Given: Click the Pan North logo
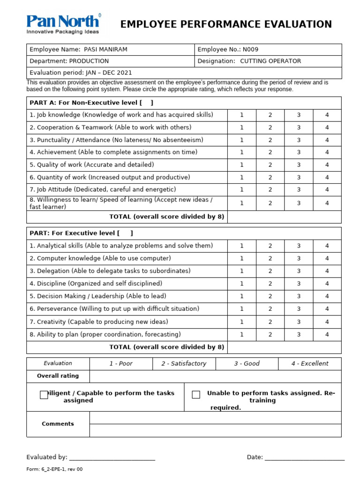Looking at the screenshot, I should (63, 24).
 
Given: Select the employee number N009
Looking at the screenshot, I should (249, 49).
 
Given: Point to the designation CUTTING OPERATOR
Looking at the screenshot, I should (270, 61).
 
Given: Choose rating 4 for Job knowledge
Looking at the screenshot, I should (327, 115).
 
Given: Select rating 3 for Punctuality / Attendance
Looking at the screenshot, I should (299, 140).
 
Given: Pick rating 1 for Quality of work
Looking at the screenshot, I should (242, 165).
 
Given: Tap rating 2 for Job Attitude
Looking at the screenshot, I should (270, 190).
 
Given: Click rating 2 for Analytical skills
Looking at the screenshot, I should (270, 246).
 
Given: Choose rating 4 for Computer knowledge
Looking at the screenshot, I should (327, 258).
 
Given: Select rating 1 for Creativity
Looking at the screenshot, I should (242, 322).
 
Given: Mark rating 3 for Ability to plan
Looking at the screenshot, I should (299, 335).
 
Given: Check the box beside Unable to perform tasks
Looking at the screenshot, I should (196, 395).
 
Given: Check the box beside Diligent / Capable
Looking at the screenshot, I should (44, 395).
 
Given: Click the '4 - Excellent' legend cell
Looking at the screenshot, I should (309, 364).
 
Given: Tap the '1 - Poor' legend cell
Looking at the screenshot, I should (121, 364).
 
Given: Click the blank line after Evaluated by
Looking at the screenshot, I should (112, 458).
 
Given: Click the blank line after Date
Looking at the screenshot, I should (305, 458).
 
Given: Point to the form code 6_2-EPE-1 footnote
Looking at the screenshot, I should (54, 469).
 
